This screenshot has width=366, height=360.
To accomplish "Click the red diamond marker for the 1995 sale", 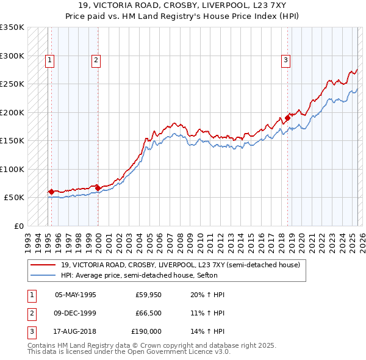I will click(51, 192).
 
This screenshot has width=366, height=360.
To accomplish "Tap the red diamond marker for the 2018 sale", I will click(287, 118).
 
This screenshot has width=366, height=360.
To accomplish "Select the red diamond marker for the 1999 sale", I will click(98, 188).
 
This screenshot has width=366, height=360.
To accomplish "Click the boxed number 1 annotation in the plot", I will click(49, 60).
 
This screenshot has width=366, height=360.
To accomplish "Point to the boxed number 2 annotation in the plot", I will click(96, 60).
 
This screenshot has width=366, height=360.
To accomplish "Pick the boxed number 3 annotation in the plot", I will click(285, 60).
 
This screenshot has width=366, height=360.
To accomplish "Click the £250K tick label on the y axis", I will click(12, 84).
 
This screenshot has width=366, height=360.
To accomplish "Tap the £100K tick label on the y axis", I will click(12, 169).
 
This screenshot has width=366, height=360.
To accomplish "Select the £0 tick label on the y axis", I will click(18, 226).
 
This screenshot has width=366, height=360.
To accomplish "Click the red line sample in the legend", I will click(42, 265).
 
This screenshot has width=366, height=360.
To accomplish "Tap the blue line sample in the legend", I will click(42, 275).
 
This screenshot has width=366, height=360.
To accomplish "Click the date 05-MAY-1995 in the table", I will click(76, 295).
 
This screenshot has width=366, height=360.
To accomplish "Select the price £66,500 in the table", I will click(148, 313).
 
